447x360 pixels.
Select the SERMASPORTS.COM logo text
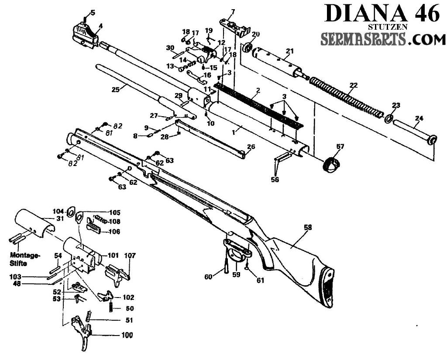[x=380, y=40]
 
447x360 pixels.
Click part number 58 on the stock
[x=309, y=228]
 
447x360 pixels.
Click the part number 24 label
[x=419, y=118]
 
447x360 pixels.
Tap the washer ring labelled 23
[x=388, y=118]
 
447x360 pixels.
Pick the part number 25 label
[x=115, y=89]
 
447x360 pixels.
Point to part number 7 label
[x=233, y=11]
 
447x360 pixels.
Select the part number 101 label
[x=113, y=255]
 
